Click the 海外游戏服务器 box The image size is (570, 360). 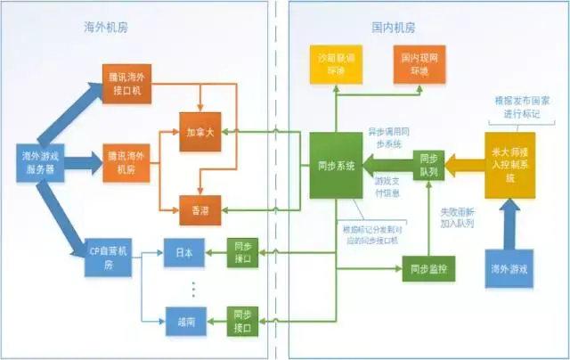(42, 161)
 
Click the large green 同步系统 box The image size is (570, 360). (336, 166)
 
